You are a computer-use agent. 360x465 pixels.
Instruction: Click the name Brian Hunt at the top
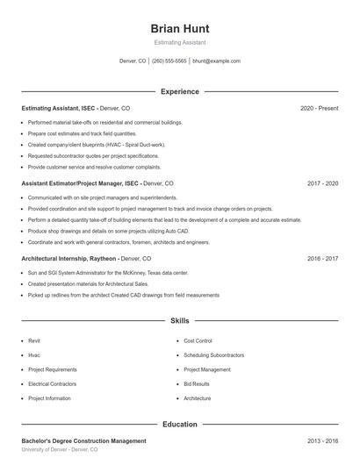(180, 28)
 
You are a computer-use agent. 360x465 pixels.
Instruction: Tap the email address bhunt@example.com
(216, 61)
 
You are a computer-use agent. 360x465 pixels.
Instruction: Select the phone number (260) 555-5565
(169, 61)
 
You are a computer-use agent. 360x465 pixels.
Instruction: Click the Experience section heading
(180, 91)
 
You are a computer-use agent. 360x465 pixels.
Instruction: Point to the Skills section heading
(180, 321)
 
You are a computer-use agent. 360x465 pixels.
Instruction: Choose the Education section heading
(180, 424)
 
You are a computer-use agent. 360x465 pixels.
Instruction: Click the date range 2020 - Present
(319, 108)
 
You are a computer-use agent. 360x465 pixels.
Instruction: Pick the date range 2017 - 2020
(322, 183)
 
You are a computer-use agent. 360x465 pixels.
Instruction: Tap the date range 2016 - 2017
(322, 259)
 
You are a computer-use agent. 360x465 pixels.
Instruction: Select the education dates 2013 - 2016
(322, 440)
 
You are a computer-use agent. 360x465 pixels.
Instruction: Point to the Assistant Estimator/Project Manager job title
(79, 183)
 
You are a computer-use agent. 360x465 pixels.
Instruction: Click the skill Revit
(34, 340)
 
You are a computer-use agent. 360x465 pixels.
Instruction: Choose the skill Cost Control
(198, 340)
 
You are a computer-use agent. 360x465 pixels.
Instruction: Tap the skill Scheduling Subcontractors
(213, 355)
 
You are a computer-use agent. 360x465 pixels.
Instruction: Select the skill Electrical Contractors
(52, 384)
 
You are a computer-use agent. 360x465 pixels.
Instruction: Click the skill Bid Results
(197, 384)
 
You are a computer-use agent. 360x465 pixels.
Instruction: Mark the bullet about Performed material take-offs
(105, 123)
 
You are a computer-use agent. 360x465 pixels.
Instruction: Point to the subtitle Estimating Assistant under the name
(180, 42)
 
